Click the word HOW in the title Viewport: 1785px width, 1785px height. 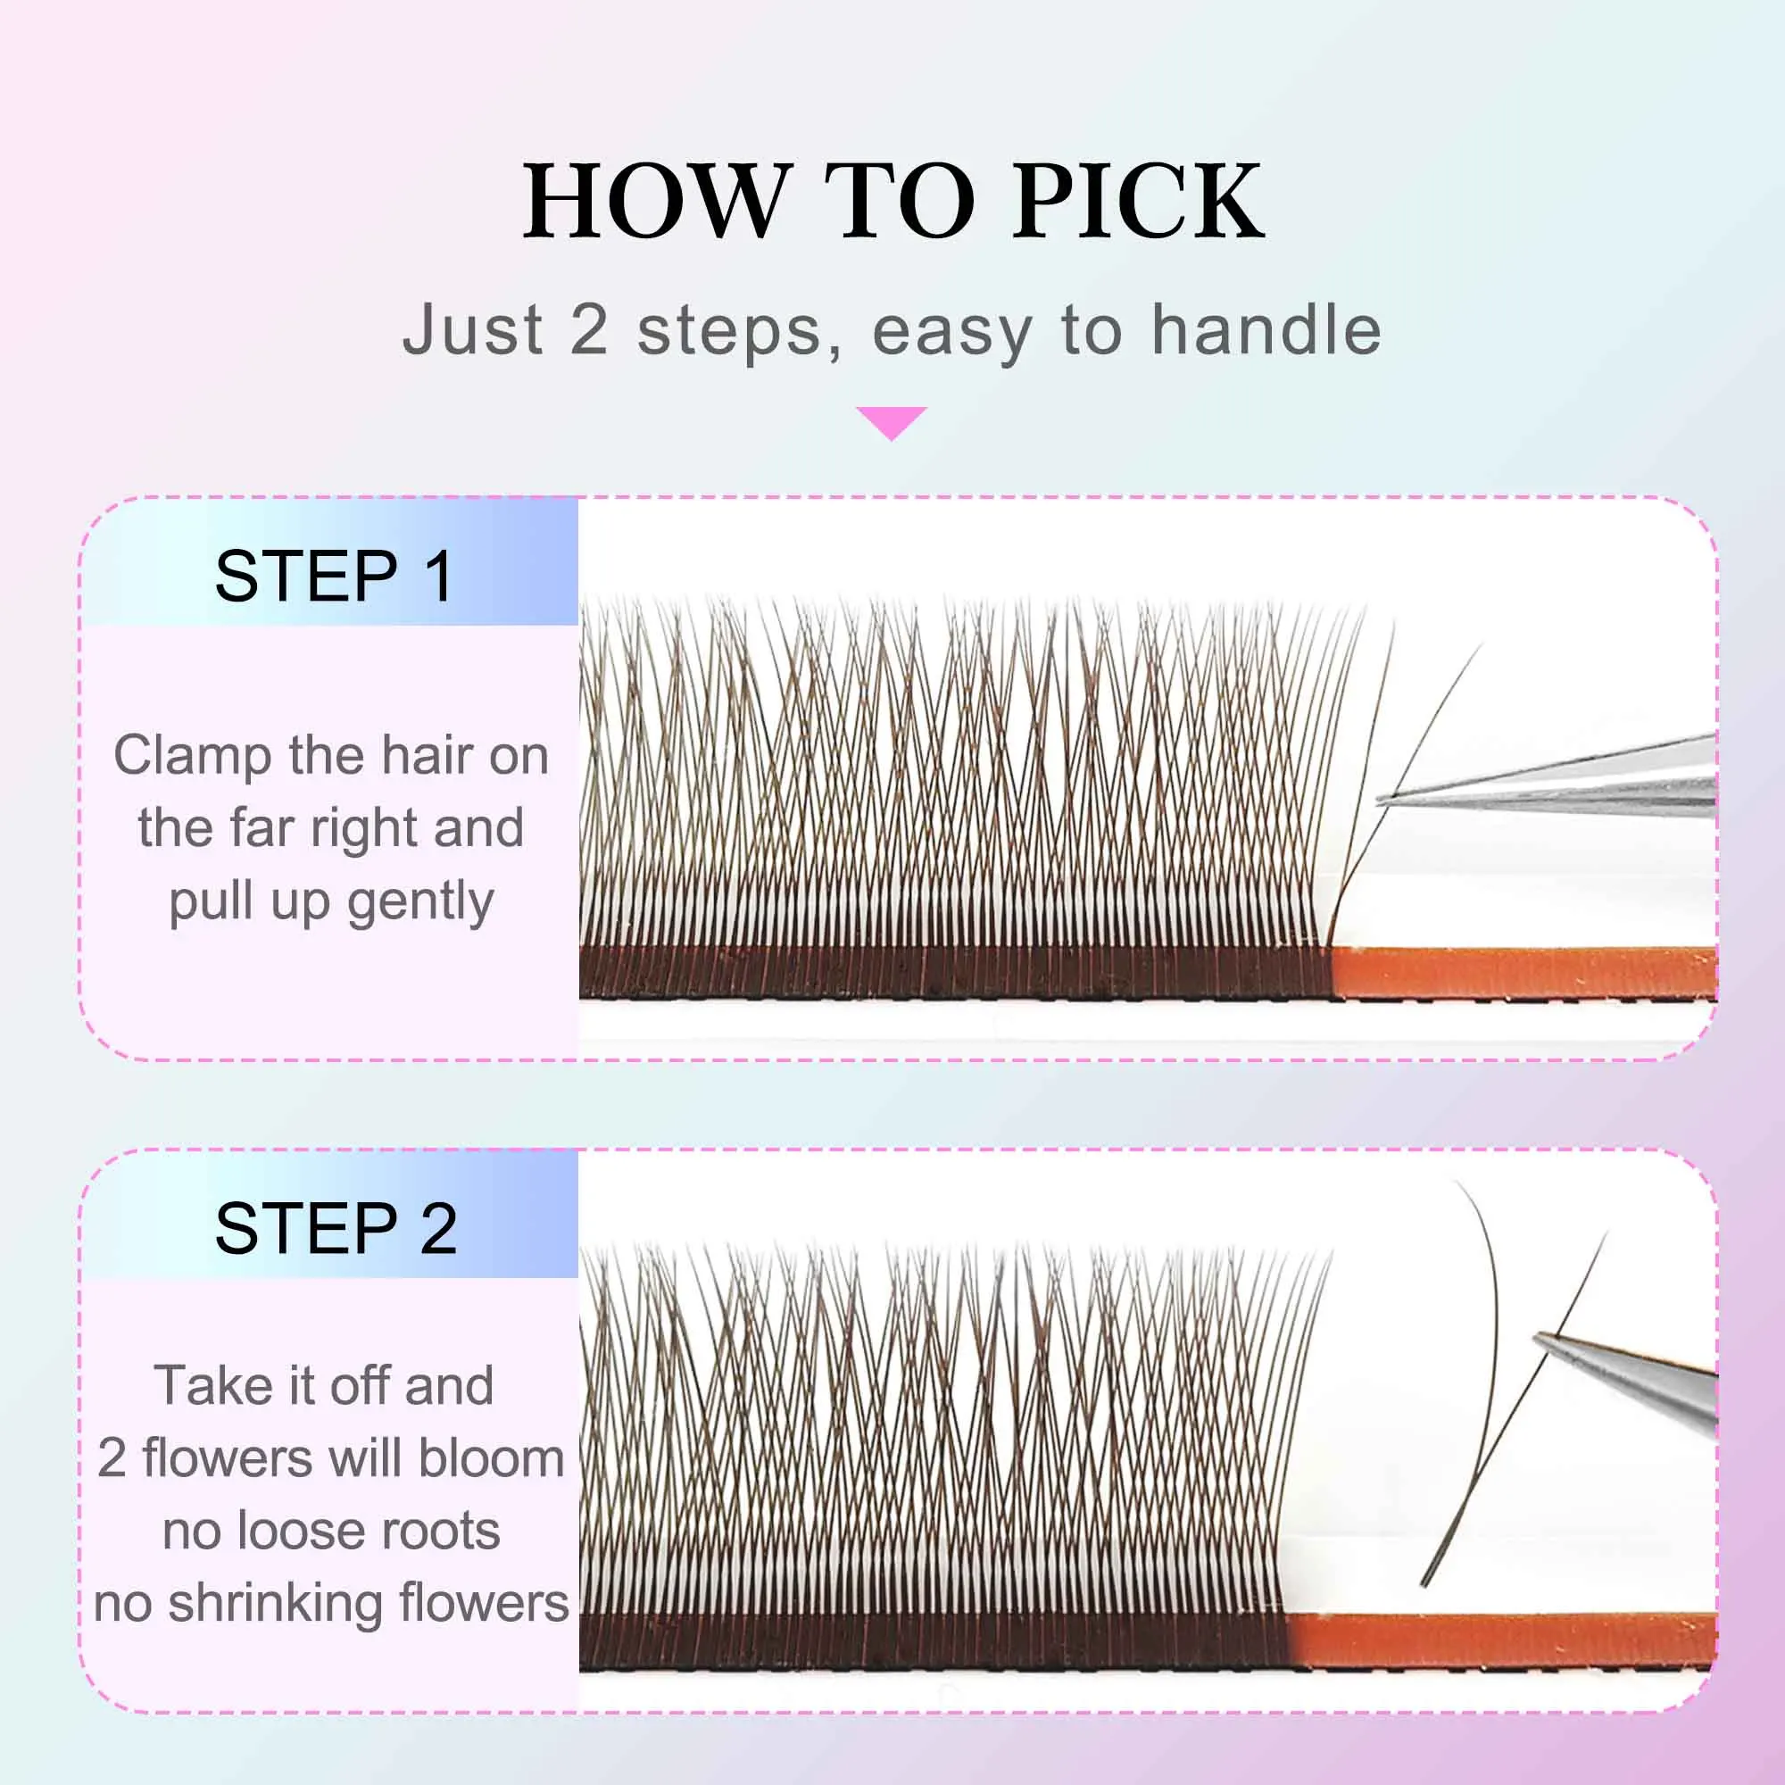click(657, 201)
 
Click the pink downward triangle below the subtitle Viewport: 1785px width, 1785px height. click(892, 421)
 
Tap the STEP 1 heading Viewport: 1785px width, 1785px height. click(335, 576)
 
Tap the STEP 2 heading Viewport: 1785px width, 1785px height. click(336, 1228)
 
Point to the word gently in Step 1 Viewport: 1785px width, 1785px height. click(420, 901)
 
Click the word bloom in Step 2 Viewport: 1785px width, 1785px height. click(491, 1458)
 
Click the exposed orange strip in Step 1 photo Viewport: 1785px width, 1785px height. click(1524, 972)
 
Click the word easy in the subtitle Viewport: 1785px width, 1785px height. click(952, 331)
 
